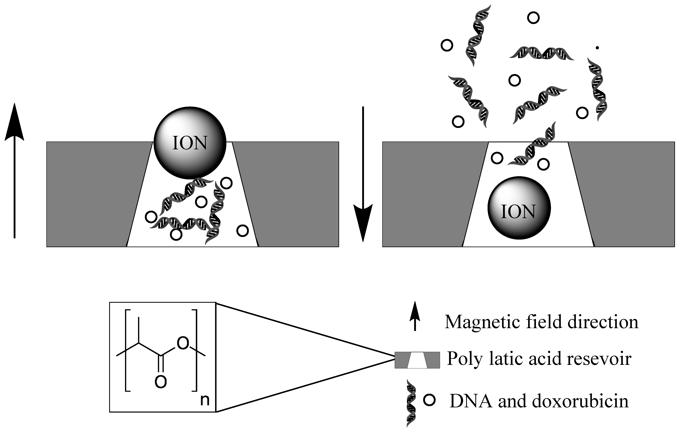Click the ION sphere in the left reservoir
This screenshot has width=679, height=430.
pos(190,143)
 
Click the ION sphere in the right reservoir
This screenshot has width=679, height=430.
pos(519,208)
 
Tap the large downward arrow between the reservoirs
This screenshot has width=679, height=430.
pos(363,175)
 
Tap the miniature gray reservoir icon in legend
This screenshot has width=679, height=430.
pos(417,360)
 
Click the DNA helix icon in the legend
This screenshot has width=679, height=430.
pos(411,403)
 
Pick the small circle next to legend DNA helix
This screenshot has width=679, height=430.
pos(429,400)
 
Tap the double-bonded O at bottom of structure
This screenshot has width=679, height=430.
pos(161,382)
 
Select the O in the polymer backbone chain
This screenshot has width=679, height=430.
pos(183,343)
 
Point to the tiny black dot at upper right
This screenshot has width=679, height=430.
pos(597,48)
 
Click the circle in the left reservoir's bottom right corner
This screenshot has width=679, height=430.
pos(242,231)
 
